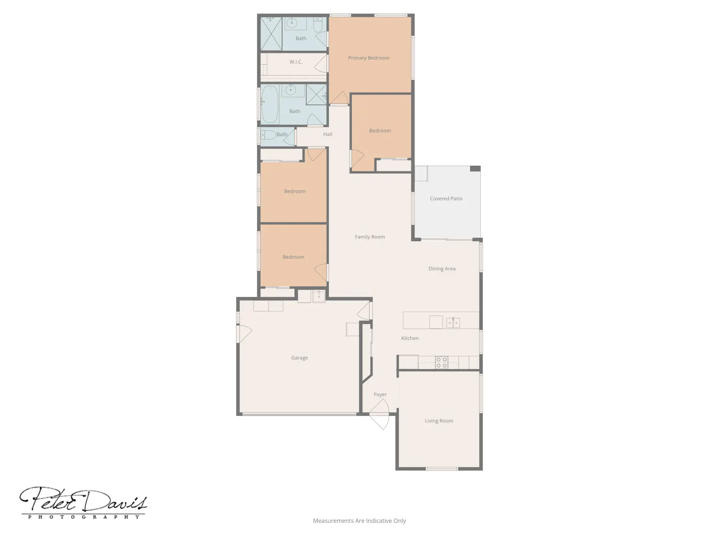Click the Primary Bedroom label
pyautogui.click(x=369, y=58)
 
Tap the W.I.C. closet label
pyautogui.click(x=296, y=62)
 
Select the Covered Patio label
pyautogui.click(x=446, y=198)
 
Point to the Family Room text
pyautogui.click(x=370, y=237)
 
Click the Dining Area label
pyautogui.click(x=442, y=269)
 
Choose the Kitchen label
pyautogui.click(x=410, y=338)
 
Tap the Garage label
pyautogui.click(x=300, y=358)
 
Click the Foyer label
pyautogui.click(x=380, y=395)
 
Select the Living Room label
pyautogui.click(x=439, y=421)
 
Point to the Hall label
pyautogui.click(x=327, y=134)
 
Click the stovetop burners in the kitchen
pyautogui.click(x=441, y=363)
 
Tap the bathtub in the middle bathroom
pyautogui.click(x=270, y=105)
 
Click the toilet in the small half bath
pyautogui.click(x=268, y=135)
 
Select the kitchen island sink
pyautogui.click(x=453, y=322)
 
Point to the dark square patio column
pyautogui.click(x=475, y=169)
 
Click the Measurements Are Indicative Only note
pyautogui.click(x=359, y=521)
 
